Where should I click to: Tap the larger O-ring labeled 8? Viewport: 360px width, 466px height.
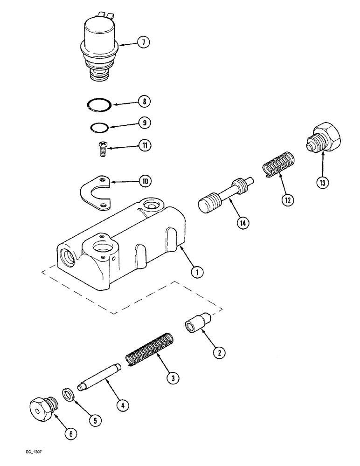pyautogui.click(x=99, y=105)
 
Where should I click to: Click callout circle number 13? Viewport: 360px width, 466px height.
pyautogui.click(x=321, y=182)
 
